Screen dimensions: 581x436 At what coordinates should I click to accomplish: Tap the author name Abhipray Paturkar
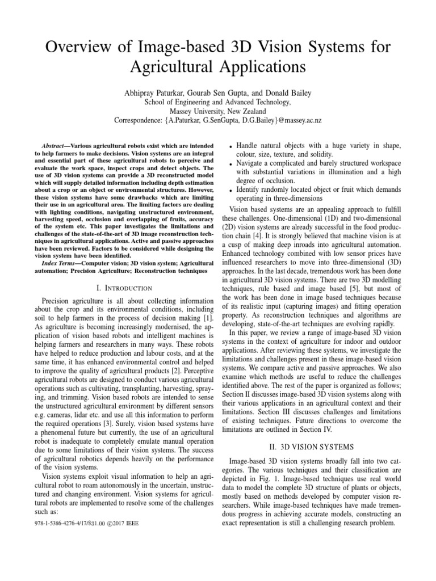[x=161, y=92]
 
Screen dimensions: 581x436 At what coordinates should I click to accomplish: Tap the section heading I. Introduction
[x=123, y=288]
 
